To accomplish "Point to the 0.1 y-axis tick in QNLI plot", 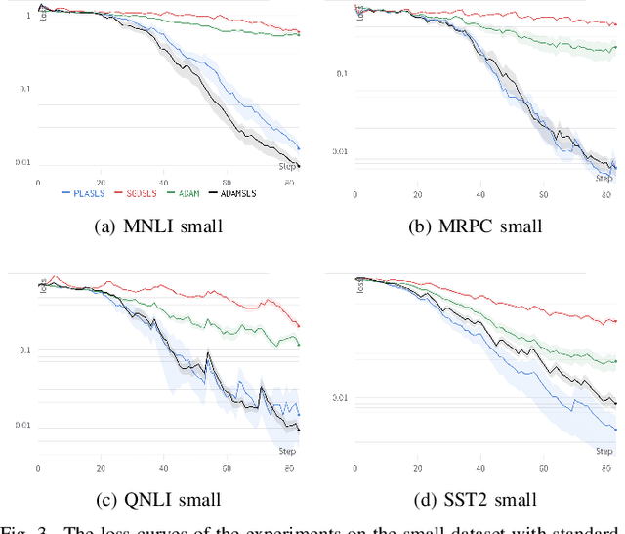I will pos(24,349).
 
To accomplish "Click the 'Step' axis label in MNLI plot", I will pos(288,167).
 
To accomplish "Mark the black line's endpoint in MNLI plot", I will pos(299,166).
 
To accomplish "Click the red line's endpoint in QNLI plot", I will pos(299,327).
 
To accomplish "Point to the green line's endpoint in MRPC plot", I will pos(616,46).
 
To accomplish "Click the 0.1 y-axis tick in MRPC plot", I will pos(342,72).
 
